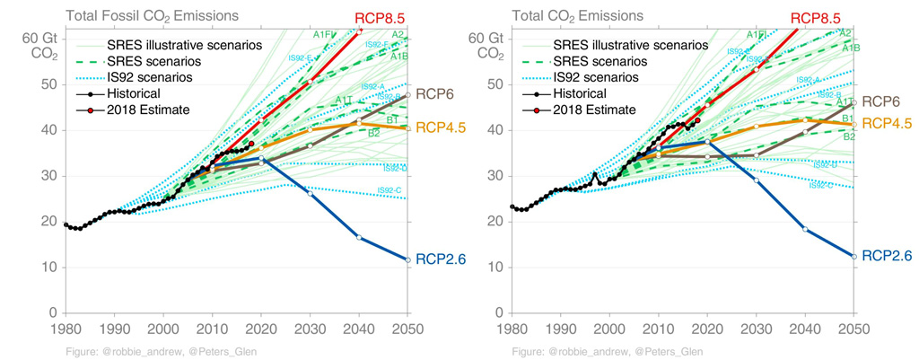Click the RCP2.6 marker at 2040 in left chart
[359, 237]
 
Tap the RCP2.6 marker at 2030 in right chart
[756, 180]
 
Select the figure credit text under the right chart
[608, 351]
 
